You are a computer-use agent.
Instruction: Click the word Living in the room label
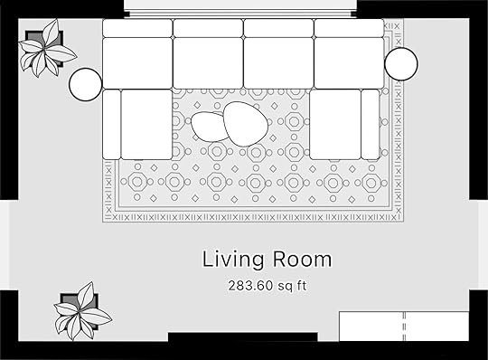(233, 260)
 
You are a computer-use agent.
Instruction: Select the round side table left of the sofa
(85, 84)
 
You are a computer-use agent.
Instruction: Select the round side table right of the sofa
(401, 64)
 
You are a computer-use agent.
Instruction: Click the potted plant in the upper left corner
(47, 48)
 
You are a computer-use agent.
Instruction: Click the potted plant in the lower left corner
(82, 311)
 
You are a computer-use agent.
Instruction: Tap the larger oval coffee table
(246, 124)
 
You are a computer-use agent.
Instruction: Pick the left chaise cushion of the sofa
(146, 125)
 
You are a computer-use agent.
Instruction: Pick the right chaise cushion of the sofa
(335, 124)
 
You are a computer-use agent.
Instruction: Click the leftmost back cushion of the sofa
(137, 28)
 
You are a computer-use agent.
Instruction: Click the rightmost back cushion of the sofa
(349, 28)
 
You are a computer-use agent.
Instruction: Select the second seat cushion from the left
(208, 63)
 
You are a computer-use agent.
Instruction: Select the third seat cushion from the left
(278, 63)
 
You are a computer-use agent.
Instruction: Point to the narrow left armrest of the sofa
(111, 125)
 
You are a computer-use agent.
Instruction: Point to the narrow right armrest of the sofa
(371, 124)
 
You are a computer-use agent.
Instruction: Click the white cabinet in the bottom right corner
(404, 327)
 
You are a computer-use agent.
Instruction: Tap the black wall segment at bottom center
(243, 337)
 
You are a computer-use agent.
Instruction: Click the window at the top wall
(240, 9)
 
